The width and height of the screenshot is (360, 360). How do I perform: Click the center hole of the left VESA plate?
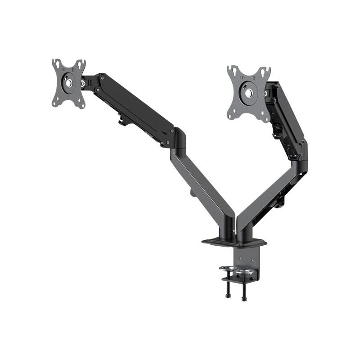pyautogui.click(x=68, y=83)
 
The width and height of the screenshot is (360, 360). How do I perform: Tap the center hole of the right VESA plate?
pyautogui.click(x=248, y=93)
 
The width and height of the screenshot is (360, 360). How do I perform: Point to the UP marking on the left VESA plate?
pyautogui.click(x=63, y=70)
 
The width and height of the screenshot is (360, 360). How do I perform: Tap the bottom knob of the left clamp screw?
pyautogui.click(x=227, y=296)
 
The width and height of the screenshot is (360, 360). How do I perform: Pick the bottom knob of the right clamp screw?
pyautogui.click(x=244, y=298)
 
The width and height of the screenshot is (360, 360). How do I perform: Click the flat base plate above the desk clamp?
pyautogui.click(x=234, y=243)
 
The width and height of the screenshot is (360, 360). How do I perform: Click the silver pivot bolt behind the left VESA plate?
pyautogui.click(x=83, y=83)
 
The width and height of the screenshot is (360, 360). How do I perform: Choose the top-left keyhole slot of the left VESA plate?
pyautogui.click(x=56, y=63)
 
